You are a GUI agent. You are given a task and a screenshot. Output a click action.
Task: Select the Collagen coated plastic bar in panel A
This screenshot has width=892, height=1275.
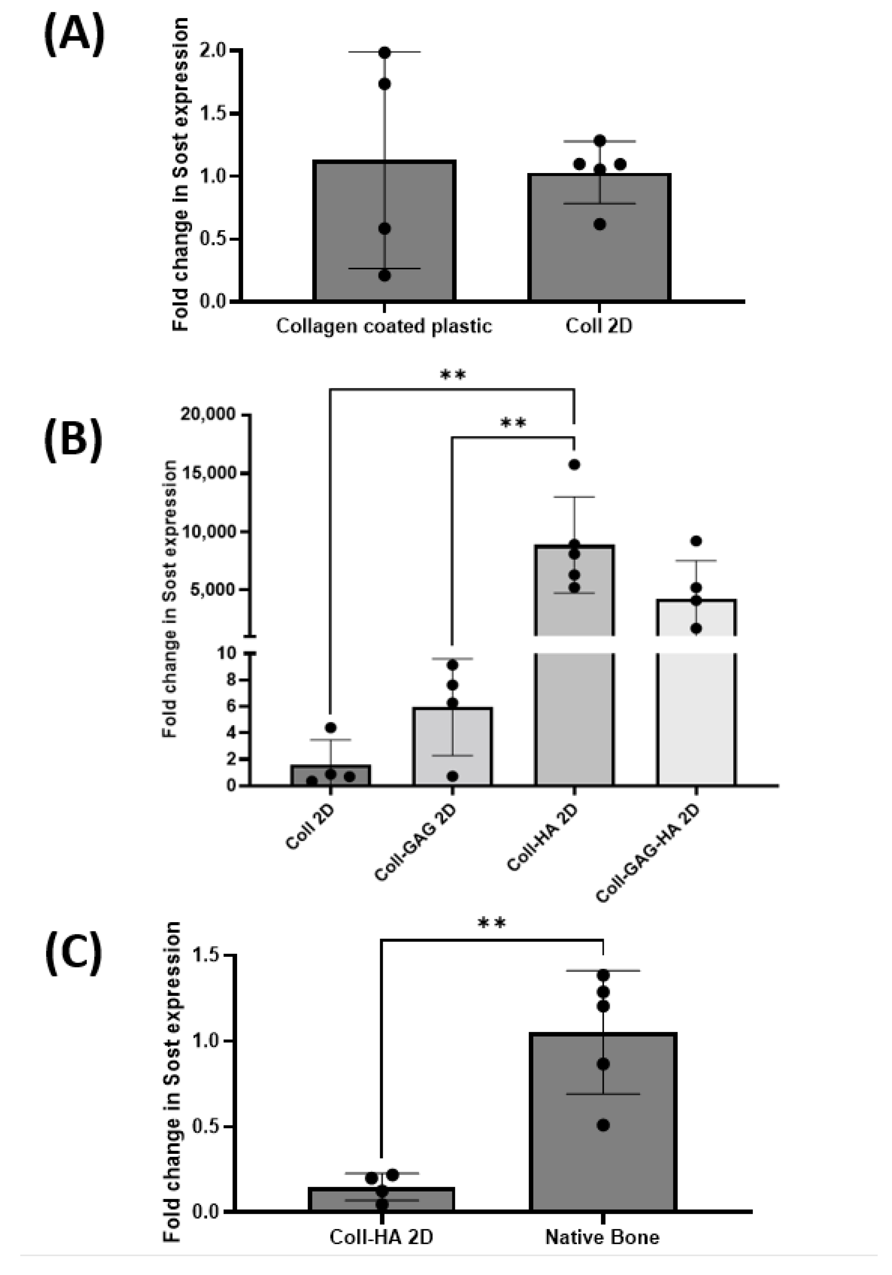coord(384,250)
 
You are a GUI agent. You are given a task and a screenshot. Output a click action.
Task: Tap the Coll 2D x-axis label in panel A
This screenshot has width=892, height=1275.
coord(598,325)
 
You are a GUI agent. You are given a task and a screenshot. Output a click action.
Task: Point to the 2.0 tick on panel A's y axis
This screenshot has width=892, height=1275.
coord(213,51)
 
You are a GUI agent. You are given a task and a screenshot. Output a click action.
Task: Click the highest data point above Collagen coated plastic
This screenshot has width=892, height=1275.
coord(384,53)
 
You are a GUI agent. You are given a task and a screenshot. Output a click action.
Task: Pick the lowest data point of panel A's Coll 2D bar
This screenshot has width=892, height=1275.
coord(600,225)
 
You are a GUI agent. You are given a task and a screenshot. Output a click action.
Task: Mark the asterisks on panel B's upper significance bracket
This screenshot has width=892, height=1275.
coord(452,375)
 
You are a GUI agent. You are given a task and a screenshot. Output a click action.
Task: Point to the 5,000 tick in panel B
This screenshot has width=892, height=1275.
coord(213,589)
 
